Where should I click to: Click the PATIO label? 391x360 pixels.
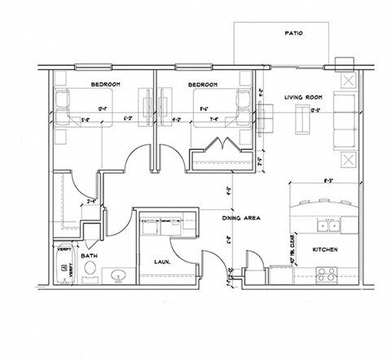[294, 34]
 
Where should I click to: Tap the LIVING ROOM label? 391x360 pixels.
[305, 96]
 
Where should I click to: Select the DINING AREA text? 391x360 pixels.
[240, 218]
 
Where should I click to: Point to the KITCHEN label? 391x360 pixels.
[325, 250]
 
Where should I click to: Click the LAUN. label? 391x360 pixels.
[160, 261]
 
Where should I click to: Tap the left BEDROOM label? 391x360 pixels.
[105, 84]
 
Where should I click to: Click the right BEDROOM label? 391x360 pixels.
[202, 84]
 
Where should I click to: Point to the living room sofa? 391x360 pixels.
[342, 121]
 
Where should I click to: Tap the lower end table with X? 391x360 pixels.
[348, 158]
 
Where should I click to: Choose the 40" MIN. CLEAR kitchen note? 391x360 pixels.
[292, 248]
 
